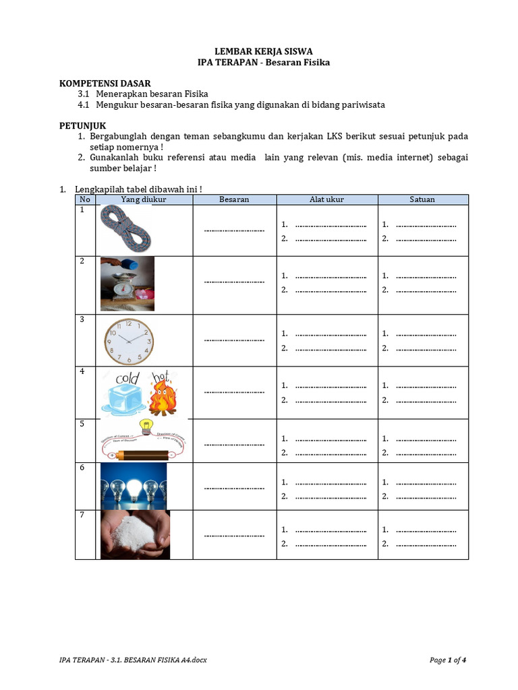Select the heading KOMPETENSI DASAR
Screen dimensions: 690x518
(x=105, y=83)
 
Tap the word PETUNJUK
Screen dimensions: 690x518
(x=82, y=125)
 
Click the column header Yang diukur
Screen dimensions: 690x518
(x=143, y=199)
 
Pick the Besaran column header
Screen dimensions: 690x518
(x=234, y=199)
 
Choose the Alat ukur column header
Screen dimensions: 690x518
(x=326, y=199)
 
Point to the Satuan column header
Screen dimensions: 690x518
(x=422, y=199)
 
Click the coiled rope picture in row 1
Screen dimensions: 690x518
(x=127, y=228)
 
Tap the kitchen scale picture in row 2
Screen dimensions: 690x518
(x=127, y=283)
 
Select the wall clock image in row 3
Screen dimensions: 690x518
(x=129, y=341)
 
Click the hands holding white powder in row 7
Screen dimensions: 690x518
(x=135, y=536)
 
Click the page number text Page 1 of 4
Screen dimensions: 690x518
(x=447, y=660)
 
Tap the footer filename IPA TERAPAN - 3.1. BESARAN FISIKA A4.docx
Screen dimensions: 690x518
(x=133, y=660)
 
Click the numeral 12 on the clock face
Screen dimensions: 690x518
(x=128, y=324)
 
